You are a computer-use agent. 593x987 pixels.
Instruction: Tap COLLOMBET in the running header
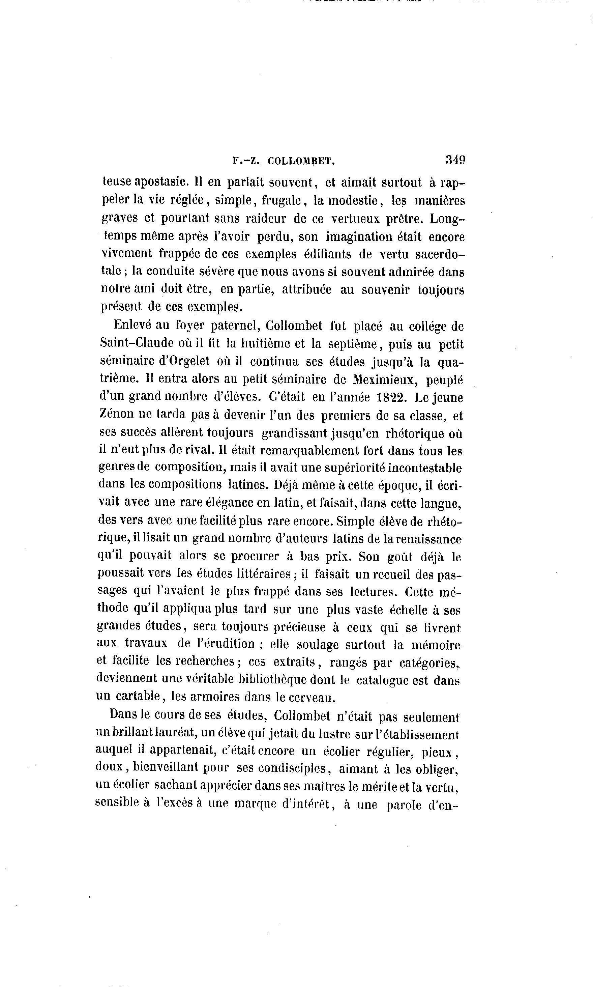[301, 161]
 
